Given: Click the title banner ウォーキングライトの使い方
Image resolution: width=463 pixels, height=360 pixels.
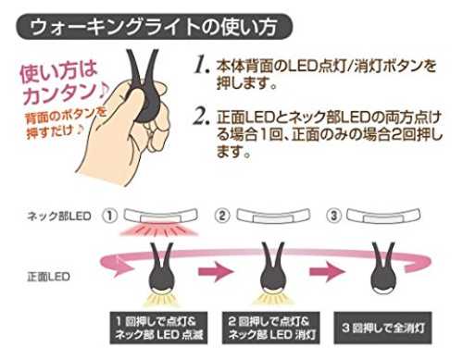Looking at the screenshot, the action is tap(154, 27).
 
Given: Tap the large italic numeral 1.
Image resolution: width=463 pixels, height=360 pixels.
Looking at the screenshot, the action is tap(202, 65).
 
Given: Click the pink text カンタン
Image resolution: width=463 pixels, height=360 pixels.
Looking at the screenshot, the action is tap(63, 93).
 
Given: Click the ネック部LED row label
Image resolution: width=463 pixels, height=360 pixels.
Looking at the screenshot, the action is tap(59, 216).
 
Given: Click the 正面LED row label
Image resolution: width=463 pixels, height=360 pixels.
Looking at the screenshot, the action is tap(48, 277).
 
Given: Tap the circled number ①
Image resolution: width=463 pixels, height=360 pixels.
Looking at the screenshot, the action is tap(109, 216).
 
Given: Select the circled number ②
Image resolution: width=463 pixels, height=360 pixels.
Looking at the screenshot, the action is tap(222, 216).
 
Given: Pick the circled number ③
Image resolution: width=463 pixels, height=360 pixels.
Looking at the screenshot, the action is tap(334, 216).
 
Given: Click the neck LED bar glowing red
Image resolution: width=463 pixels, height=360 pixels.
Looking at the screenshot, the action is tap(160, 216).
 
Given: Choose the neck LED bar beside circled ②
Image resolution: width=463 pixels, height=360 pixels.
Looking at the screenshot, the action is tap(273, 216).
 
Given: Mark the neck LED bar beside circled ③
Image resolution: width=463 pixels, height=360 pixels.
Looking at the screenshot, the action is tap(383, 216).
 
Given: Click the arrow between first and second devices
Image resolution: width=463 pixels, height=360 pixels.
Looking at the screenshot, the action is tap(215, 271).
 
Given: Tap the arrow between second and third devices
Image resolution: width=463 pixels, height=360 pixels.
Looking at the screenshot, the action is tap(327, 271).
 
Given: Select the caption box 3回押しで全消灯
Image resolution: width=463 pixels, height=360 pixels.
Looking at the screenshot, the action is tap(382, 328).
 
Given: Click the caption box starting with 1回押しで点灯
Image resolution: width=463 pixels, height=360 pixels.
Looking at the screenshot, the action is tap(158, 328).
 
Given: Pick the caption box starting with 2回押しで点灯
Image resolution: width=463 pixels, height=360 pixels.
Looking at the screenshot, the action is tap(271, 328).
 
